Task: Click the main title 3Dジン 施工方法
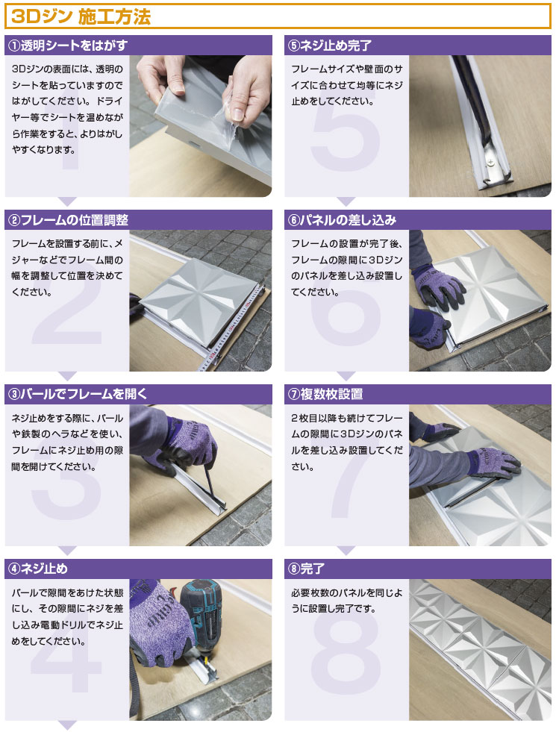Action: coord(81,16)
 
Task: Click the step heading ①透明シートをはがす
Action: coord(68,46)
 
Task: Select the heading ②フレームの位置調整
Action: coord(68,220)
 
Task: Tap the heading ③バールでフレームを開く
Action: coord(77,394)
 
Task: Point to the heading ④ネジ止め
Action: coord(38,569)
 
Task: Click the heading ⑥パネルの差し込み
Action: coord(343,220)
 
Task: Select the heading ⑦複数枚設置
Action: coord(325,394)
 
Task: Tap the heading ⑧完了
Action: coord(306,569)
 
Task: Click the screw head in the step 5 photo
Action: coord(491,161)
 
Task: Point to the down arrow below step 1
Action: coord(68,201)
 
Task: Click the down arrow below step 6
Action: coord(346,376)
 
